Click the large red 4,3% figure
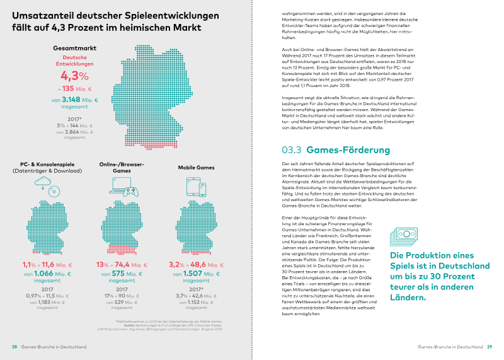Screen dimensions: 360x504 point(75,76)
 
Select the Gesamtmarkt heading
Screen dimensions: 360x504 point(75,48)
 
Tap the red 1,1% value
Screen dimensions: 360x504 point(30,264)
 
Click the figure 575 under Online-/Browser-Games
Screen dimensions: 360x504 point(119,274)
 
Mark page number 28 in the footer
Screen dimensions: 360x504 point(14,347)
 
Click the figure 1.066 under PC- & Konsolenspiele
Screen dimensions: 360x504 point(43,274)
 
